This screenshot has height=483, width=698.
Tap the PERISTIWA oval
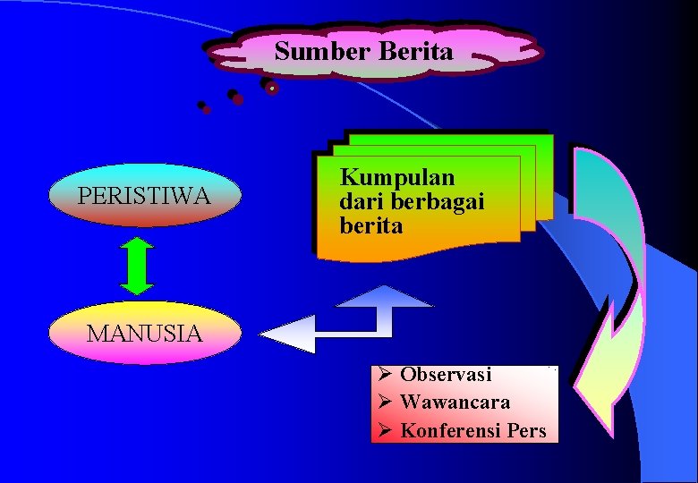click(x=144, y=195)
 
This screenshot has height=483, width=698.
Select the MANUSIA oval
click(x=144, y=334)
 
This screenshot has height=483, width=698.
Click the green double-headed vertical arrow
click(x=137, y=266)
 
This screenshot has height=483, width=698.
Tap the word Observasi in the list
click(x=446, y=375)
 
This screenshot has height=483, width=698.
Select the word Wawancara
click(x=455, y=402)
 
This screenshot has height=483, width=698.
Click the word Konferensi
click(x=449, y=430)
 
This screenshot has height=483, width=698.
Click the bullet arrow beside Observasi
click(x=382, y=375)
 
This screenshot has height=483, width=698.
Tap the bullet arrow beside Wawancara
click(x=382, y=402)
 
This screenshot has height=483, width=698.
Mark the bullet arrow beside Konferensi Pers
click(x=382, y=430)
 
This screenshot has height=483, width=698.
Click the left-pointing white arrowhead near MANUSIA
click(x=288, y=335)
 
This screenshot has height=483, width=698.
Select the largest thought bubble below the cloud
click(x=269, y=86)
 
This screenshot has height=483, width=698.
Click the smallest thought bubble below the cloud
click(x=204, y=107)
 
